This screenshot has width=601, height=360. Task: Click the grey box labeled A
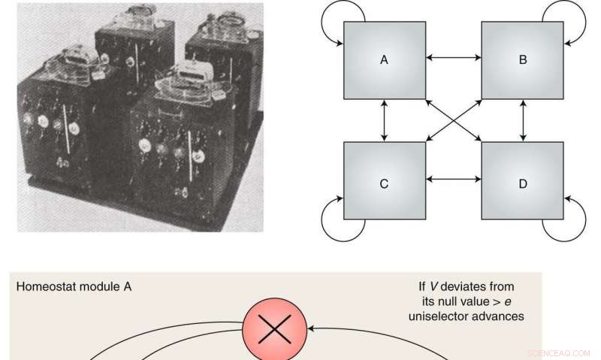(x=384, y=59)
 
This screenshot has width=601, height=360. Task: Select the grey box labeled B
(x=522, y=59)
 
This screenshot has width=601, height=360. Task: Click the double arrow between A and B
(x=453, y=57)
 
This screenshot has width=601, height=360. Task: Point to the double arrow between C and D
(x=453, y=179)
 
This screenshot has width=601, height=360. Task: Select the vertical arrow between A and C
(x=384, y=120)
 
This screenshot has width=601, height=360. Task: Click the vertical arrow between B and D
(x=522, y=120)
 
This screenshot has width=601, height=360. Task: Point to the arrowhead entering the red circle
(x=311, y=329)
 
